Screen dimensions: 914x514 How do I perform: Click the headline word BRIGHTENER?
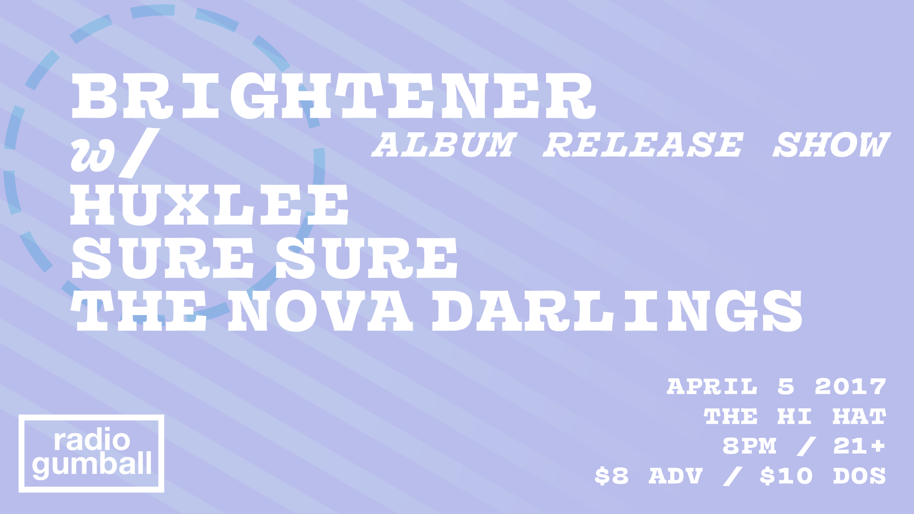[333, 96]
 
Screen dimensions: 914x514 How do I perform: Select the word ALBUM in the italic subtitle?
[444, 145]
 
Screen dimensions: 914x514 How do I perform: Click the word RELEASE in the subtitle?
[643, 145]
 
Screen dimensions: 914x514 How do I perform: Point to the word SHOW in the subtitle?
[831, 145]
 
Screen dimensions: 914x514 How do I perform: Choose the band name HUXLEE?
[210, 205]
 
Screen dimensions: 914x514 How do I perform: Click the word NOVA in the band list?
[320, 311]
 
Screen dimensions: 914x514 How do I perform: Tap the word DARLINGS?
[617, 311]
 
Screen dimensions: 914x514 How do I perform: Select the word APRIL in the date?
[712, 386]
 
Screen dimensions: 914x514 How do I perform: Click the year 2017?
[850, 386]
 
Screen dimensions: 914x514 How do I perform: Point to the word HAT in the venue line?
[859, 416]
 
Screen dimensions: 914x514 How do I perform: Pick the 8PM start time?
[749, 446]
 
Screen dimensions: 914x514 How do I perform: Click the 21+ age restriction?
[859, 446]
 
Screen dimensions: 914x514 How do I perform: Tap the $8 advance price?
[612, 476]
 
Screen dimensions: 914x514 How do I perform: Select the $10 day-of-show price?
[786, 476]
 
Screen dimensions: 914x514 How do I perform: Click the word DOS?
[859, 476]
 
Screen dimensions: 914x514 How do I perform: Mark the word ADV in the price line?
[676, 476]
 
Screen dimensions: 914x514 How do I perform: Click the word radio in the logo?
[92, 440]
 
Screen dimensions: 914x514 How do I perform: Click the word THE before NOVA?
[139, 311]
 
